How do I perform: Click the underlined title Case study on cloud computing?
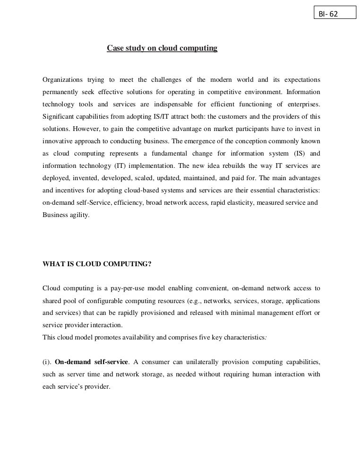[162, 48]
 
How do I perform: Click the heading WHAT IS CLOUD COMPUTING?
[97, 264]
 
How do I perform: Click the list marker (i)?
[47, 362]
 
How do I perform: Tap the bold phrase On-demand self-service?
[92, 362]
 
